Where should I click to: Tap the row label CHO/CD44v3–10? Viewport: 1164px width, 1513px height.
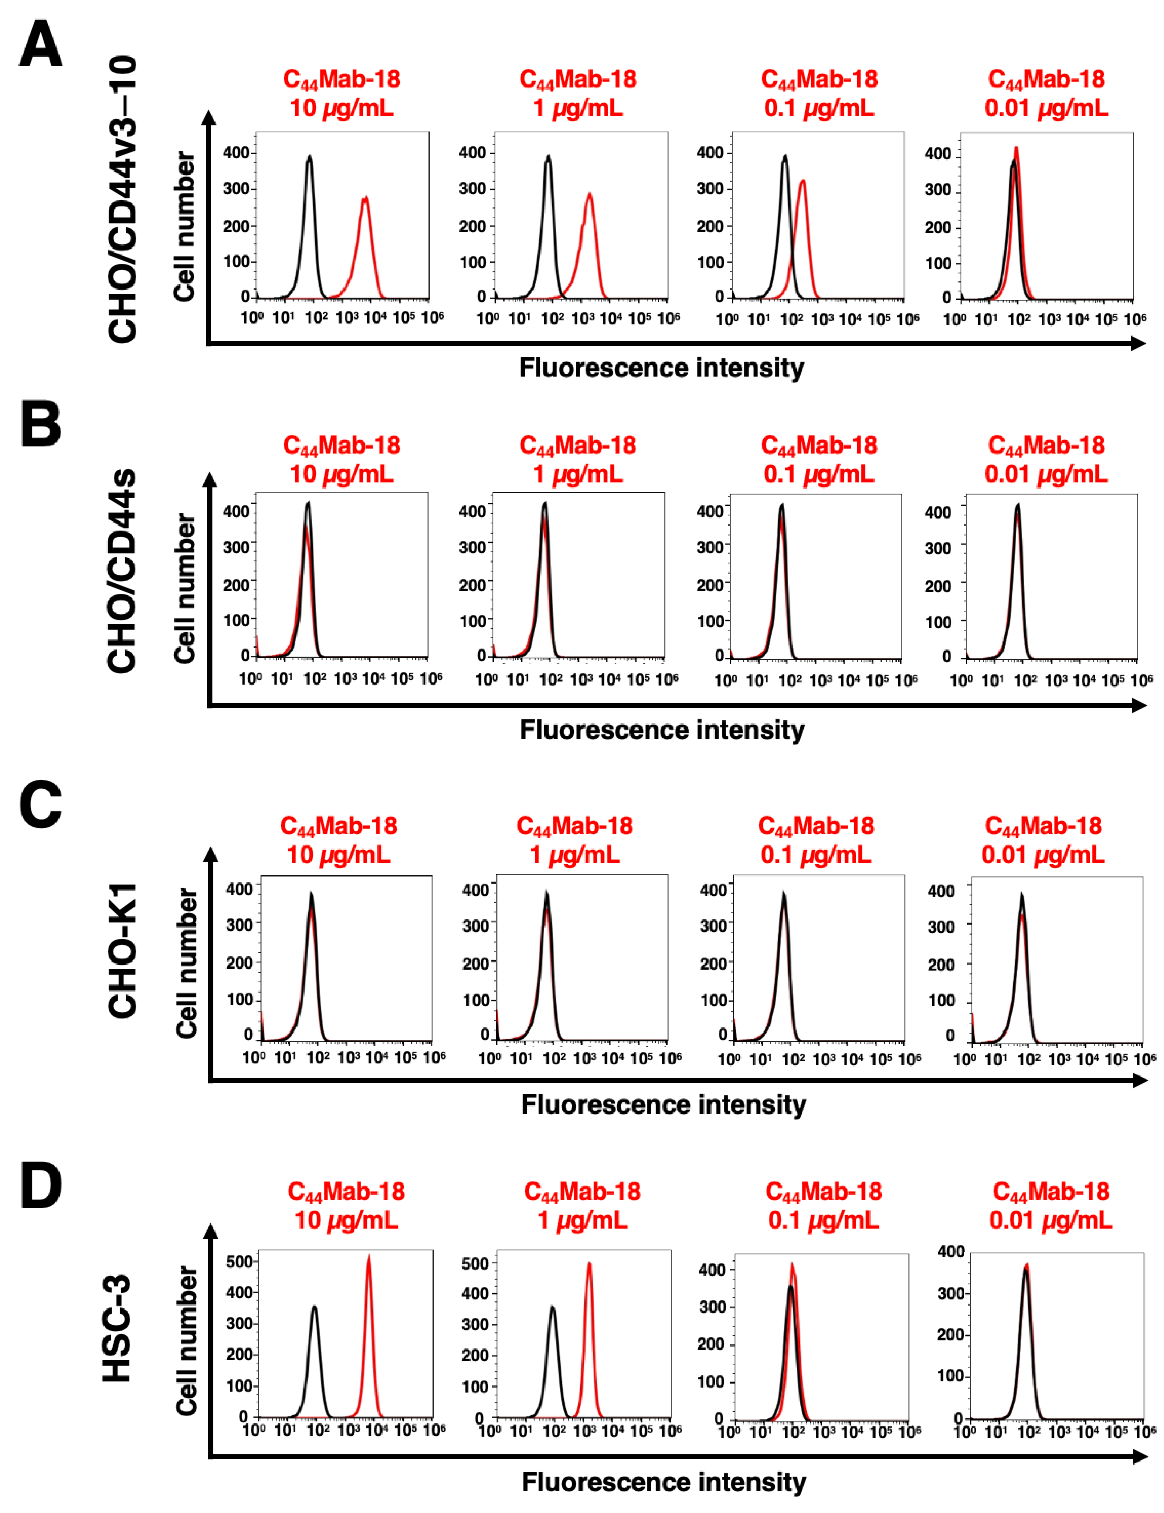123,199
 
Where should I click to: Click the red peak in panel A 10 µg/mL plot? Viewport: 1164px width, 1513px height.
365,199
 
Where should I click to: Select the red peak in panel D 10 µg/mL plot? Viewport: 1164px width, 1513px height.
369,1257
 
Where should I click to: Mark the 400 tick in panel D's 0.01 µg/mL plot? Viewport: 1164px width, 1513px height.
951,1252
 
